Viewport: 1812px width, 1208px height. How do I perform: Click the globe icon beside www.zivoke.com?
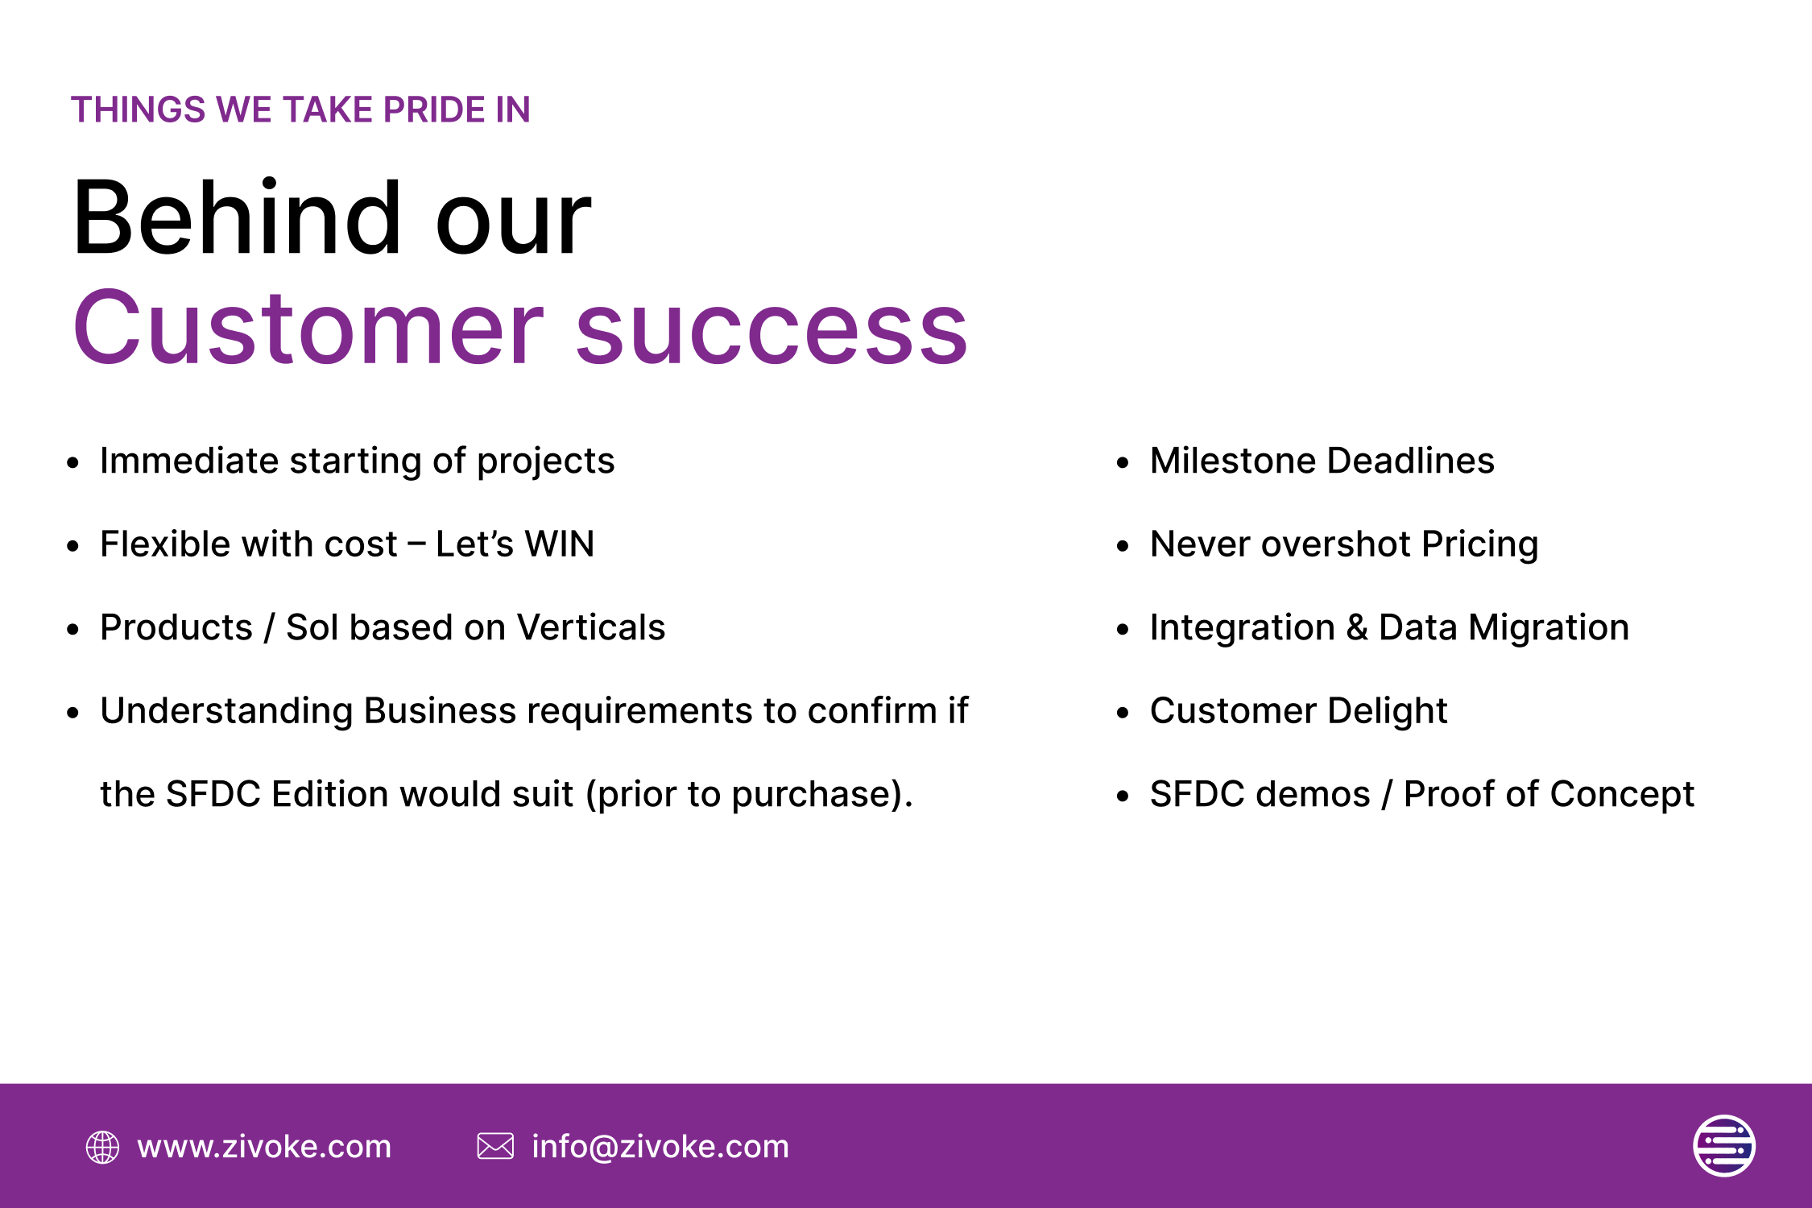[x=102, y=1147]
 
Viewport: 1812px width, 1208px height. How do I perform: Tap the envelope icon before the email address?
[x=495, y=1146]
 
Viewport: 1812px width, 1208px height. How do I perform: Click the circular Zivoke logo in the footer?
[x=1724, y=1145]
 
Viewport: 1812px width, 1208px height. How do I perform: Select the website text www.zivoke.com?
[x=264, y=1147]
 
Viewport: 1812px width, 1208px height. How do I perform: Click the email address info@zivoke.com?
[x=660, y=1147]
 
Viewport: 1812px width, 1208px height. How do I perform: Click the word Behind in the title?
[x=238, y=217]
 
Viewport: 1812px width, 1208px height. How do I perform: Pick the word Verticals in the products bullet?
[x=591, y=627]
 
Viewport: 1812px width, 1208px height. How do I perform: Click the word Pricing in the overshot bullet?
[x=1479, y=545]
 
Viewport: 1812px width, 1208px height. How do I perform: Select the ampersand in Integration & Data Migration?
[x=1357, y=627]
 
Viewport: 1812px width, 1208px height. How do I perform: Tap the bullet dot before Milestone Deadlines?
[x=1123, y=462]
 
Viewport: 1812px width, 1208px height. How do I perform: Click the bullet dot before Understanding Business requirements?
[x=73, y=712]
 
